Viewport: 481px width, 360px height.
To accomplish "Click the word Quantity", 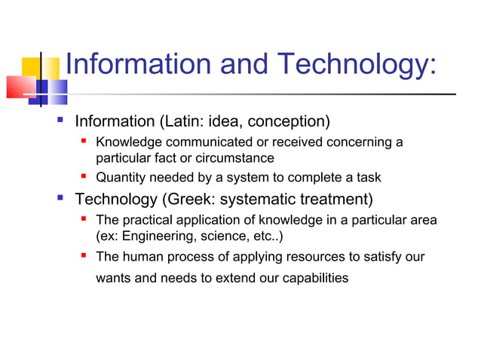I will click(x=121, y=178).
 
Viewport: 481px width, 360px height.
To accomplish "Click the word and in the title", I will click(x=244, y=65).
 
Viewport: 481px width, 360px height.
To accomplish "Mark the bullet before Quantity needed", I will click(x=85, y=177).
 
